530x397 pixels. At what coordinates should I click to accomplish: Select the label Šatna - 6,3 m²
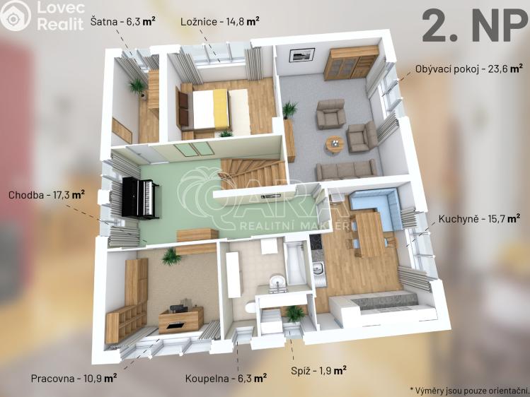(123, 20)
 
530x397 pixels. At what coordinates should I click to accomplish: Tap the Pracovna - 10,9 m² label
(74, 378)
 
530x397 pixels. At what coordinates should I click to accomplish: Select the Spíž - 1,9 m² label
(318, 369)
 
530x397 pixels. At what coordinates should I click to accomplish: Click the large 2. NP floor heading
(470, 26)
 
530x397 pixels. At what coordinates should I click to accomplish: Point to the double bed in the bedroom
(216, 109)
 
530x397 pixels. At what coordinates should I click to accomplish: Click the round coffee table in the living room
(334, 143)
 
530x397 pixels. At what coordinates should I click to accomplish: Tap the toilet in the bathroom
(248, 309)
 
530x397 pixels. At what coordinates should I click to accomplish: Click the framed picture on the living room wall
(302, 54)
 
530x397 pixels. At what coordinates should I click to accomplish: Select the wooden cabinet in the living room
(350, 63)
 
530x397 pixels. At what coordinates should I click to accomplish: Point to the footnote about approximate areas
(468, 390)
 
